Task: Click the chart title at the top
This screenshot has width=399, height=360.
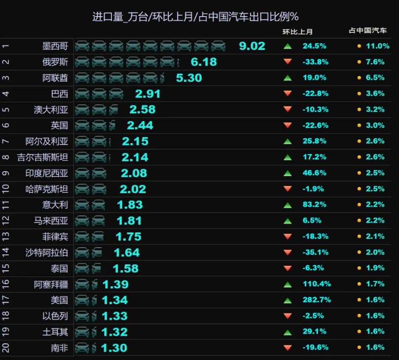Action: point(195,17)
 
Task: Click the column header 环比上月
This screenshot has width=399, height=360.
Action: point(297,32)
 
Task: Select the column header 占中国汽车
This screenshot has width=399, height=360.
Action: point(368,30)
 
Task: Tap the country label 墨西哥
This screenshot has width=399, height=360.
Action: point(55,46)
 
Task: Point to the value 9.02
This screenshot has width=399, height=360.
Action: point(252,46)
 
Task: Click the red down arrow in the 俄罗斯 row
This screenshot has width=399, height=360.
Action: point(288,61)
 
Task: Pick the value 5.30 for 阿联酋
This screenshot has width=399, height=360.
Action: point(189,78)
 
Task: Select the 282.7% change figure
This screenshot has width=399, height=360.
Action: point(317,300)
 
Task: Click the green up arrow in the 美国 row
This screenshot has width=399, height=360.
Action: point(288,301)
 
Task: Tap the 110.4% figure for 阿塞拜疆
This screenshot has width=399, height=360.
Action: point(317,283)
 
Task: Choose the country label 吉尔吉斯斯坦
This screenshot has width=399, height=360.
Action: point(43,157)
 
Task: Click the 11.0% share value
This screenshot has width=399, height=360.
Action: point(377,46)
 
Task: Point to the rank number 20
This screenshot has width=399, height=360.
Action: point(5,348)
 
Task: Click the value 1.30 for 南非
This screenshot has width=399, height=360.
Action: point(114,348)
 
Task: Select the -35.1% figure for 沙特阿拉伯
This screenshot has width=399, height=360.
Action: point(316,252)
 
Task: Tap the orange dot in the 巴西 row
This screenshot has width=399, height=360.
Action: point(359,94)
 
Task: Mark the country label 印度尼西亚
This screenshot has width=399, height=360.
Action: point(47,174)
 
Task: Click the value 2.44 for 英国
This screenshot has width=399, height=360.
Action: point(140,126)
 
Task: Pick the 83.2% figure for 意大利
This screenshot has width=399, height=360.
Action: point(315,205)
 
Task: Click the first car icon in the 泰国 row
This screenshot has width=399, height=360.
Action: point(82,268)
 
